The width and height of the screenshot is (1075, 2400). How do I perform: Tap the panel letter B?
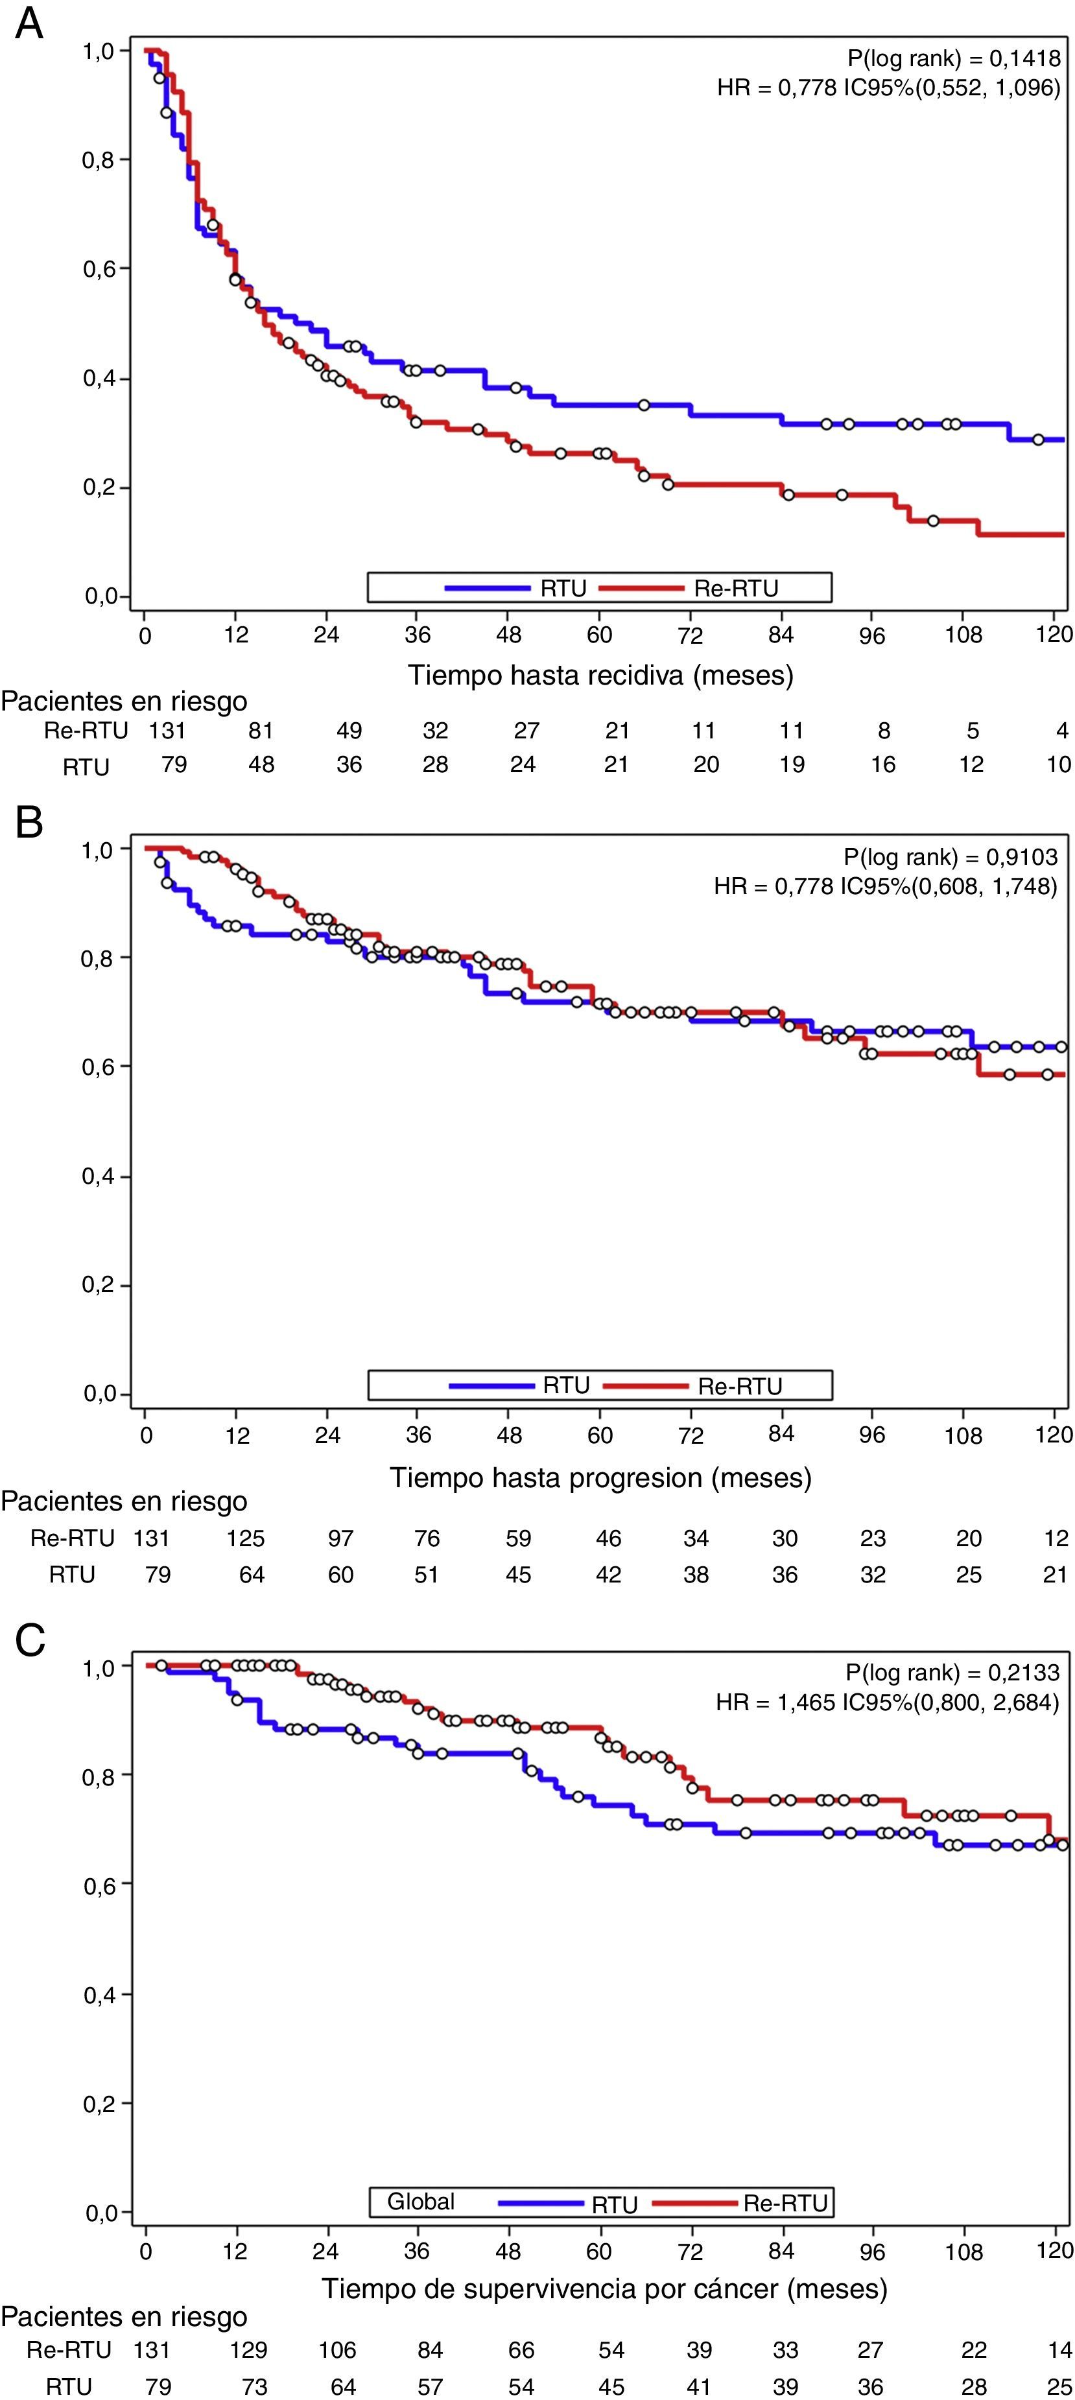tap(29, 823)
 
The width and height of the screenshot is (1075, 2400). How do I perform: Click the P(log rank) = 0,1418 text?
tap(953, 60)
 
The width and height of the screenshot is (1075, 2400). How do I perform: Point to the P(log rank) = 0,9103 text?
tap(950, 857)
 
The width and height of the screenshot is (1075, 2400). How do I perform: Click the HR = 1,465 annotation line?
tap(887, 1702)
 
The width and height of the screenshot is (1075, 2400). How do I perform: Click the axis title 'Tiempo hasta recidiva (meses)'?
tap(600, 674)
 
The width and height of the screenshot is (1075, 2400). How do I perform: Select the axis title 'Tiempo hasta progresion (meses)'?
tap(600, 1477)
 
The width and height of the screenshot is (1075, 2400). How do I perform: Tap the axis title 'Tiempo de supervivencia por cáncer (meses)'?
tap(604, 2288)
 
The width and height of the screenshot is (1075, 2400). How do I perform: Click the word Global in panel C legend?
tap(421, 2202)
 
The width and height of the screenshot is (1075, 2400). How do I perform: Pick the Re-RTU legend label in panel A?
tap(736, 588)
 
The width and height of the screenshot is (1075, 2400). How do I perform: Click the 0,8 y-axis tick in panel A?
tap(98, 159)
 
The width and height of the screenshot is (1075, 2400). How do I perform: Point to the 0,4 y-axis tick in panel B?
tap(98, 1176)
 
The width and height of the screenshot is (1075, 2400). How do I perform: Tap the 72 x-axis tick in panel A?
tap(689, 635)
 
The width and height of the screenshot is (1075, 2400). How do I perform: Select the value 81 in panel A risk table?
tap(261, 731)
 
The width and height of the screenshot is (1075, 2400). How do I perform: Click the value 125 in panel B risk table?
tap(248, 1538)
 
